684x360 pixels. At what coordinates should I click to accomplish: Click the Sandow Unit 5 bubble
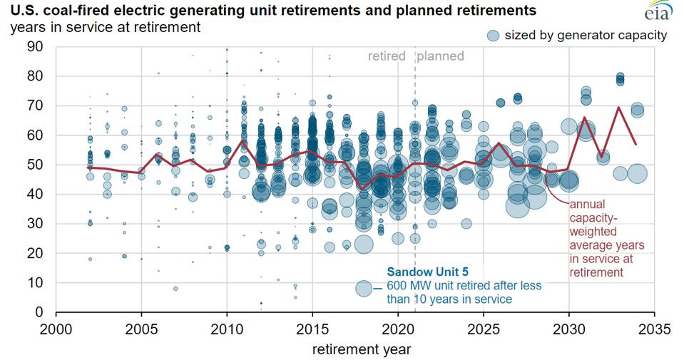364,288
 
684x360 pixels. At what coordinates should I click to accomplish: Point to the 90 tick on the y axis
35,46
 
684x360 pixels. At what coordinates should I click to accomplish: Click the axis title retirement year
361,349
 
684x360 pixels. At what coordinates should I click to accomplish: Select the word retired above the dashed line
387,56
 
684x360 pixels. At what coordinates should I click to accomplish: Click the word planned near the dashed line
441,56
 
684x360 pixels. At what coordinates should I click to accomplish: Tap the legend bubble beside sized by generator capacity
491,35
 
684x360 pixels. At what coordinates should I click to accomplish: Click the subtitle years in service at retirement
105,27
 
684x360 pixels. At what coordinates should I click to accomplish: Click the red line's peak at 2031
585,118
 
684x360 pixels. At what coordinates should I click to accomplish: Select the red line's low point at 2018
363,189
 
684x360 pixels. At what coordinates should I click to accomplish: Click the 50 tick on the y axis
35,165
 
